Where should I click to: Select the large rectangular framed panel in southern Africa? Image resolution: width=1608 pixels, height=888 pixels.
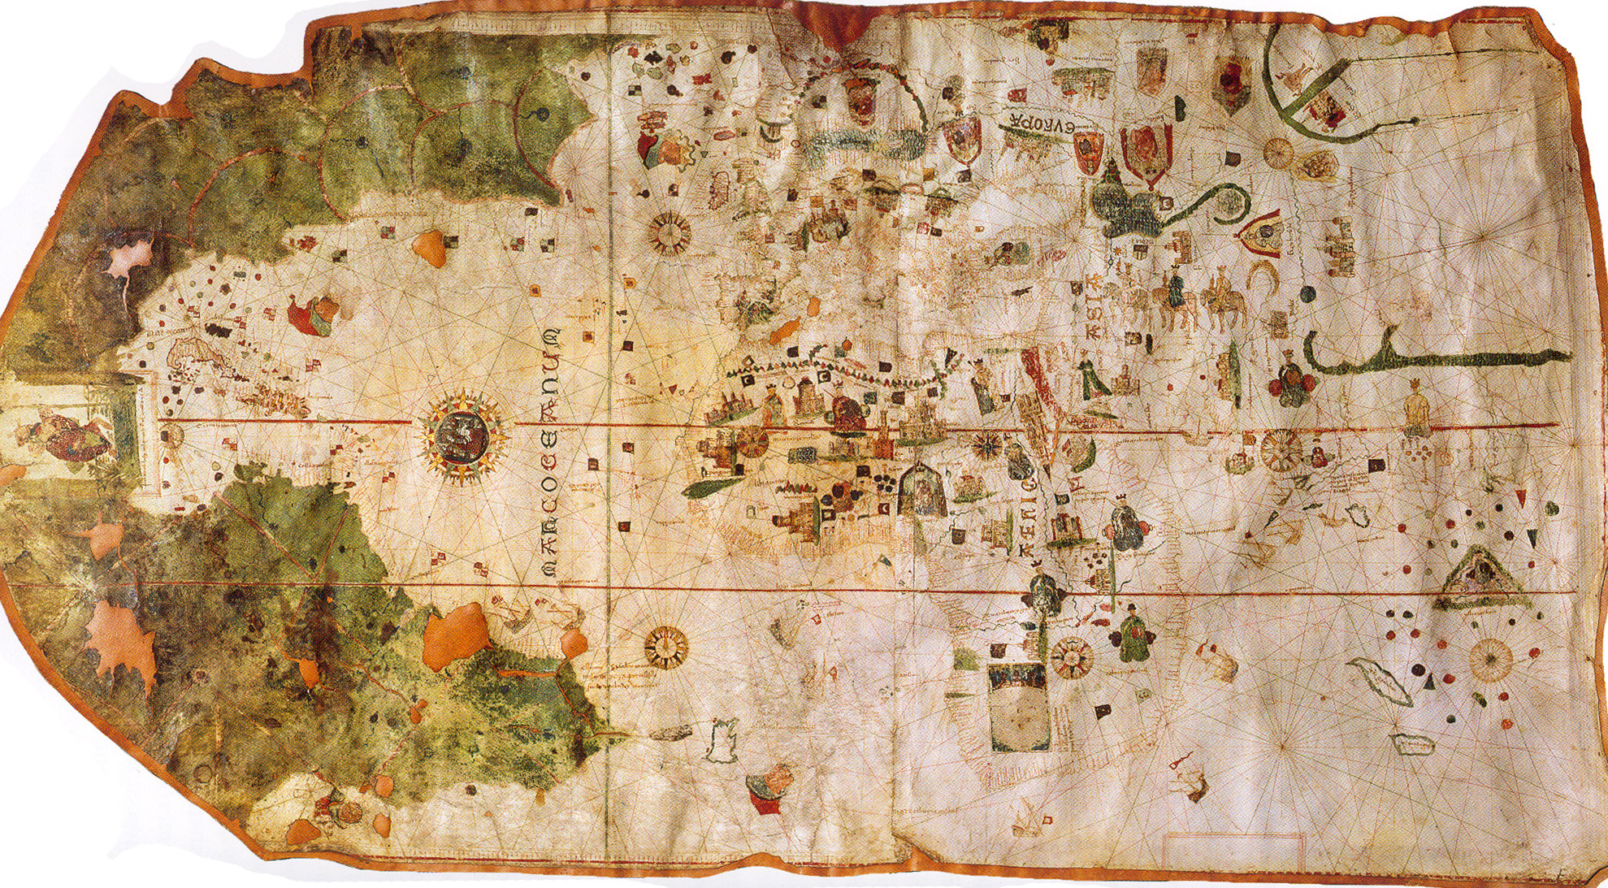(1017, 707)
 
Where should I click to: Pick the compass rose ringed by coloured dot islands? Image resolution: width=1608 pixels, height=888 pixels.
(1491, 659)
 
